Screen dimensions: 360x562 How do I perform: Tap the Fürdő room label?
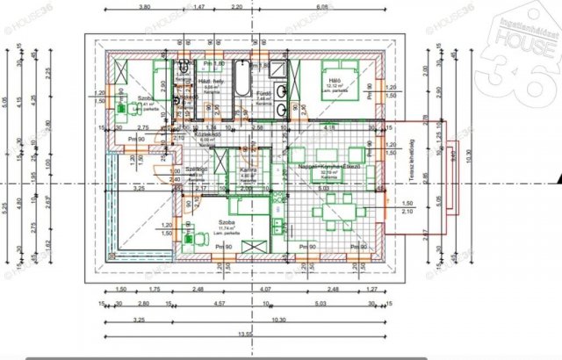pyautogui.click(x=261, y=93)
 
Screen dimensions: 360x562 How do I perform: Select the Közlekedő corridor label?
pyautogui.click(x=209, y=134)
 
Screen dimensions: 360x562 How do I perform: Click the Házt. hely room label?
pyautogui.click(x=210, y=82)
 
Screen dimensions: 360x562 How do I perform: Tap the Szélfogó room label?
pyautogui.click(x=196, y=169)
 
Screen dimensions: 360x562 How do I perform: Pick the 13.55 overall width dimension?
pyautogui.click(x=243, y=335)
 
